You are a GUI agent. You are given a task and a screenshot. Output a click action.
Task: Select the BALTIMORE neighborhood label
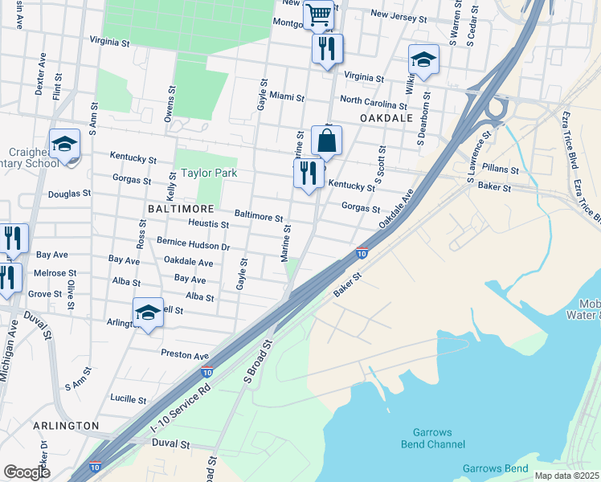179,207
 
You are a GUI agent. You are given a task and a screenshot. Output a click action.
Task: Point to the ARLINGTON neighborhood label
67,425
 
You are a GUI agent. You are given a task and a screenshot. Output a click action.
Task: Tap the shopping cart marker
319,14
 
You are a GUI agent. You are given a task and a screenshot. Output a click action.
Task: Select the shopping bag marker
326,141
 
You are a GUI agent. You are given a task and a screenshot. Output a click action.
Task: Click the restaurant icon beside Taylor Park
309,174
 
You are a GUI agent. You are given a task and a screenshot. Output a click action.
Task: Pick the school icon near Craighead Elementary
64,145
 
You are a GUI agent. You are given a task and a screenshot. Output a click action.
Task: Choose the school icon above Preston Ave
148,313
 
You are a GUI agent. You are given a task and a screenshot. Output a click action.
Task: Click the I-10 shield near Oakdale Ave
362,253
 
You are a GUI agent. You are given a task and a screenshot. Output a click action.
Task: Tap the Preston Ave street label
185,354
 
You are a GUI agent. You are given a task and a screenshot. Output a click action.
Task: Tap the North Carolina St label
373,104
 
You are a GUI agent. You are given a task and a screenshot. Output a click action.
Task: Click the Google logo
27,472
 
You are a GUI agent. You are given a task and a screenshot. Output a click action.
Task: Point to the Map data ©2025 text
566,476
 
